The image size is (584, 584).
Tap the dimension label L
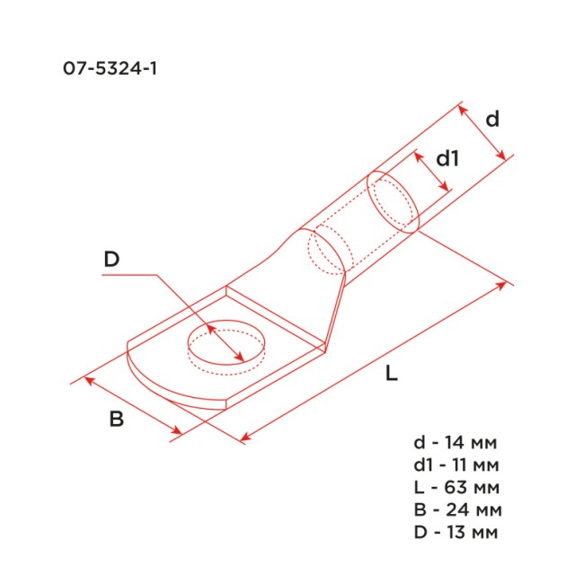coord(390,376)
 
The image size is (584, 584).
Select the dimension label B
coord(116,418)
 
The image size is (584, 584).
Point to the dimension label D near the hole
coord(111,260)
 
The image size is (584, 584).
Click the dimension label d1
coord(447,159)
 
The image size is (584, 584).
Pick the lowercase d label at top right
coord(491,119)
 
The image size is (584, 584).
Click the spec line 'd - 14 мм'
coord(454,443)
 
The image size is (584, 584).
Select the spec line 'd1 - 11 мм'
coord(454,465)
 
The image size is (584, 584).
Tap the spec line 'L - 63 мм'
coord(454,488)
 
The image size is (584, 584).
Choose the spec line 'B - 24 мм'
coord(454,510)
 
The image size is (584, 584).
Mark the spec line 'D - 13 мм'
coord(454,533)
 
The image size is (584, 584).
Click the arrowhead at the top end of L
coord(504,287)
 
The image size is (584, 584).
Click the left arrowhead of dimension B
coord(88,381)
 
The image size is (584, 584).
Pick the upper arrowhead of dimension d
coord(463,110)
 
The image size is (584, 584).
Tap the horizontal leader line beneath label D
coord(130,276)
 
